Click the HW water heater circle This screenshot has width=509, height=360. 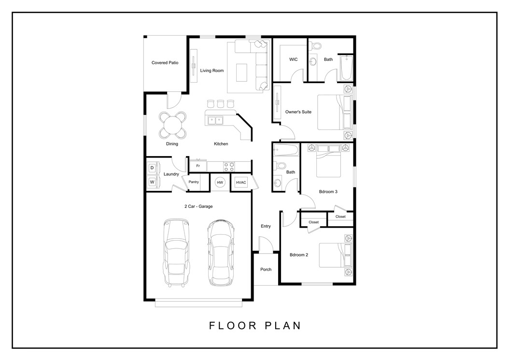220,182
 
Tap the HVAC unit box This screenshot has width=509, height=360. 240,182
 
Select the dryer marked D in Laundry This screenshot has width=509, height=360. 152,168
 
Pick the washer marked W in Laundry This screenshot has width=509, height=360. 152,182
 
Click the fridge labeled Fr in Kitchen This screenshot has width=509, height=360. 198,166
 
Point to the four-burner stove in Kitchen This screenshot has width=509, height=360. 229,166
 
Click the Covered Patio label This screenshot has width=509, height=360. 165,63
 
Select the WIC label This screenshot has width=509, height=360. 293,59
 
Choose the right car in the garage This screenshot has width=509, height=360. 219,252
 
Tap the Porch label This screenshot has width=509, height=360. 266,269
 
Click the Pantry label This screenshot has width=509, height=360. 194,182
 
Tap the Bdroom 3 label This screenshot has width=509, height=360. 328,191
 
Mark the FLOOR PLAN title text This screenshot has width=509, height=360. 254,325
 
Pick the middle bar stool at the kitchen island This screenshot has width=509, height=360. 221,103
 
